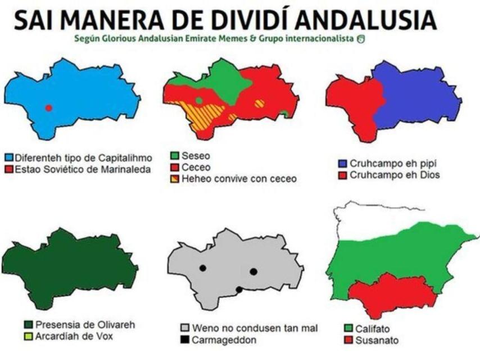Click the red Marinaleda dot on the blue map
[x=49, y=107]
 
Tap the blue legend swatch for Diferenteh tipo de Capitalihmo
[x=8, y=157]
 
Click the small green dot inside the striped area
[x=199, y=101]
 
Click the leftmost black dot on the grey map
[x=202, y=268]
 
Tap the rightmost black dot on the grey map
[x=253, y=272]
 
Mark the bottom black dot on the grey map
[x=239, y=290]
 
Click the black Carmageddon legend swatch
[x=183, y=339]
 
